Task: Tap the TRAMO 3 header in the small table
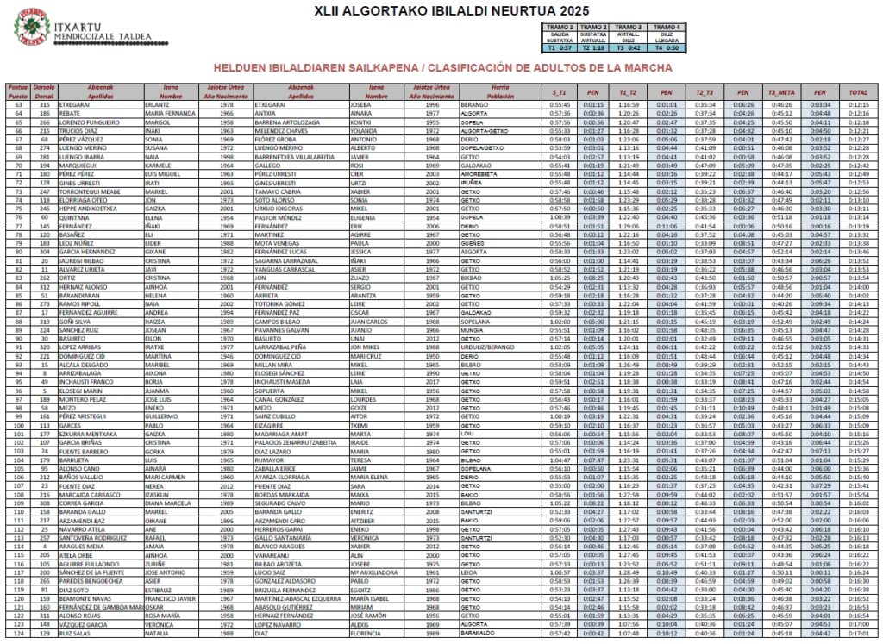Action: coord(633,28)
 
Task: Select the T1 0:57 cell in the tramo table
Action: coord(560,47)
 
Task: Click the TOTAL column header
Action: coord(857,91)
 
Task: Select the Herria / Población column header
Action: coord(495,91)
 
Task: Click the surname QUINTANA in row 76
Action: coord(73,217)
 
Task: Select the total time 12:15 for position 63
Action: coord(857,103)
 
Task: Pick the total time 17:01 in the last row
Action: coord(857,634)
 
